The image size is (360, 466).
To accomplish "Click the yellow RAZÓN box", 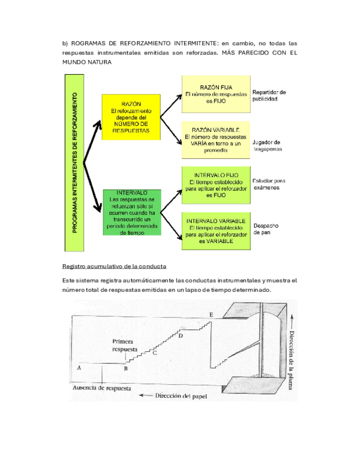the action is tap(131, 117).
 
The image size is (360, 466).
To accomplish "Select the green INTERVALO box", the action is tap(131, 212).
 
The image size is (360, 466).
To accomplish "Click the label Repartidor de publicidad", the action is tap(269, 96).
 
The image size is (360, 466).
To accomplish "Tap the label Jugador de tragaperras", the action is tap(267, 145).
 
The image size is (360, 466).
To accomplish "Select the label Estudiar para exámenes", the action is tap(269, 184).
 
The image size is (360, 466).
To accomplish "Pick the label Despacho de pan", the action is tap(265, 229).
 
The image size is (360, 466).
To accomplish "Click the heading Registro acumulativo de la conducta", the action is tap(114, 267).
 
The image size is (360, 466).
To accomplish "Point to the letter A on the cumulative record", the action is tap(80, 367).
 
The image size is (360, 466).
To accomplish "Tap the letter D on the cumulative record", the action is tap(180, 335).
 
